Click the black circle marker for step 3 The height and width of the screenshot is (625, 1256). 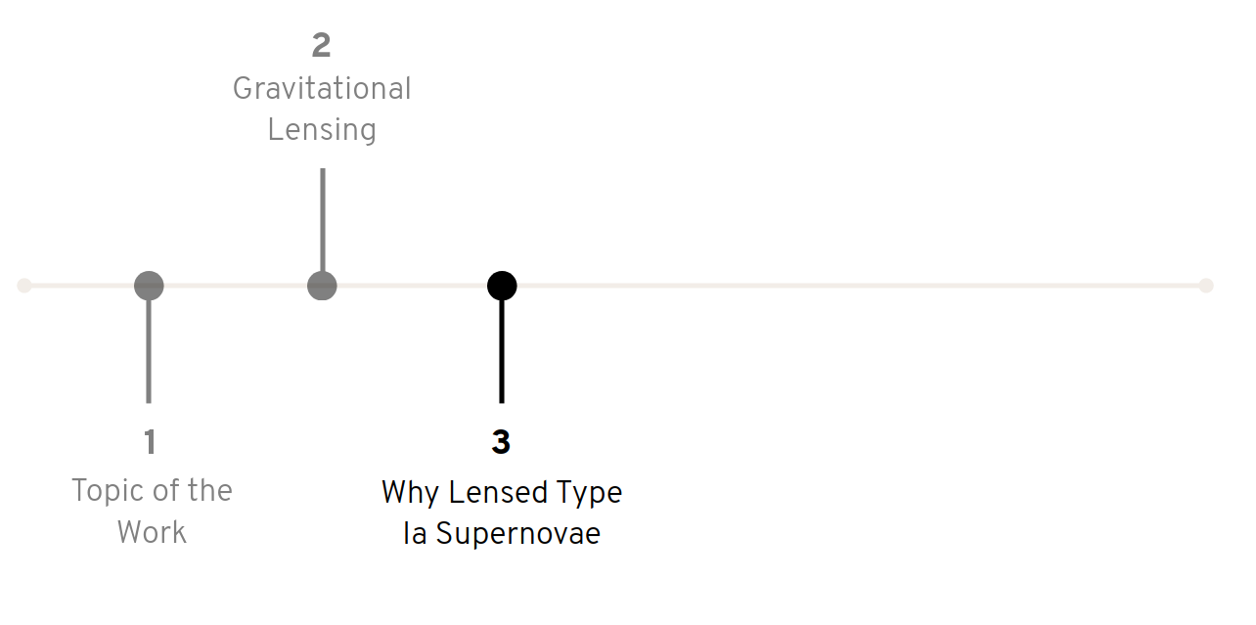(x=502, y=286)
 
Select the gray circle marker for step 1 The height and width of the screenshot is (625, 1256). (x=149, y=286)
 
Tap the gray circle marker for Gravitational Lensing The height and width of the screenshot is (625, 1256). (x=322, y=286)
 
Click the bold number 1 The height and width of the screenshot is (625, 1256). (x=150, y=443)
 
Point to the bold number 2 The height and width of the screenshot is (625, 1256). (x=322, y=45)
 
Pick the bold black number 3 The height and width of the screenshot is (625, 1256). (x=501, y=443)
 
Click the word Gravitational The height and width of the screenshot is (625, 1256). (x=322, y=89)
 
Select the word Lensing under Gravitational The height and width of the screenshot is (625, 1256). (x=322, y=130)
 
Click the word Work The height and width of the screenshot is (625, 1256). (x=152, y=533)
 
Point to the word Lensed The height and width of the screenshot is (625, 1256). (x=486, y=492)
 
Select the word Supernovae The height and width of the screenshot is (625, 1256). (x=517, y=534)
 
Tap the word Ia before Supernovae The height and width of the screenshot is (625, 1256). (x=415, y=534)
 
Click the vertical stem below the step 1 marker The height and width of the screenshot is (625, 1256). (x=149, y=352)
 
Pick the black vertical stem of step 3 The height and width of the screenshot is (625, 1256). (x=502, y=352)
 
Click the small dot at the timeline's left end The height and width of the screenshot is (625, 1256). (x=24, y=286)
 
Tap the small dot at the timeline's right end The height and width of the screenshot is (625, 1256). (x=1206, y=286)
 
